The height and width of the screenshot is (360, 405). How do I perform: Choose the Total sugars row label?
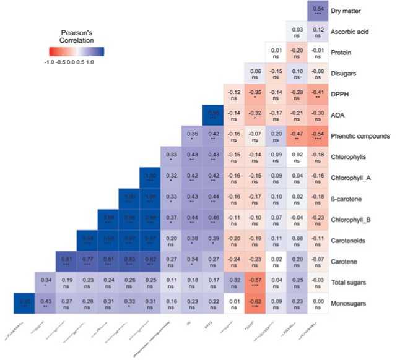point(352,282)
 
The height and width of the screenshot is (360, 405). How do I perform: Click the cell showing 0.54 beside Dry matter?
point(318,11)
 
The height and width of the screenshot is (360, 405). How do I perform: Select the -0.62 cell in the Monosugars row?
point(255,304)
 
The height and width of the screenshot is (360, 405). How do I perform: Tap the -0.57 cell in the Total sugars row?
point(255,283)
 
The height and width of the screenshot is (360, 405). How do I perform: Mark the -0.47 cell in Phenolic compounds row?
point(297,135)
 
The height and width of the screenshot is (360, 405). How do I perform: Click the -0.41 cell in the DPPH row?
point(318,94)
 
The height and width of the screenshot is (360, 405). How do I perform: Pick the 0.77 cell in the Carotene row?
point(87,262)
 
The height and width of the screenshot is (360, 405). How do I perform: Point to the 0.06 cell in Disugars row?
point(255,73)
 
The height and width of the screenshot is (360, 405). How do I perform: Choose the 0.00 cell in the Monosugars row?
point(318,304)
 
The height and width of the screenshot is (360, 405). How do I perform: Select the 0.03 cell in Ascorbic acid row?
point(297,32)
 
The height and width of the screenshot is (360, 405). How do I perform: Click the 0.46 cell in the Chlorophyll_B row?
point(213,220)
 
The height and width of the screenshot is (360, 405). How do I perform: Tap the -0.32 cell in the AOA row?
point(255,115)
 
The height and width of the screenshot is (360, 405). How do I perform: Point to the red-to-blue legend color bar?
point(76,51)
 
